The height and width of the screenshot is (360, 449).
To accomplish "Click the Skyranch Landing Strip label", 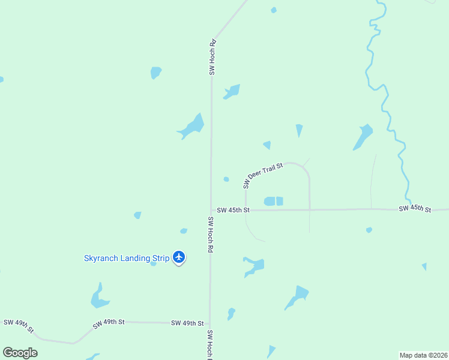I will (127, 259).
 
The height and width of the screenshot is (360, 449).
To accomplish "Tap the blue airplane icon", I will (179, 257).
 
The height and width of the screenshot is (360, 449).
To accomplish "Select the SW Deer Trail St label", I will (263, 174).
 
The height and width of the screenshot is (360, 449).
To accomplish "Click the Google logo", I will (20, 352).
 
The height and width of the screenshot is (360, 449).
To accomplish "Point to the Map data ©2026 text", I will (424, 355).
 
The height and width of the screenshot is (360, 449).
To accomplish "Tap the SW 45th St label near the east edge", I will (415, 209).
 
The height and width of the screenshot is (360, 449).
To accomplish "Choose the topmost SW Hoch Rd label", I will (212, 58).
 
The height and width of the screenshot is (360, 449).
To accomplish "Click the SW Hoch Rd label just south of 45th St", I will (211, 234).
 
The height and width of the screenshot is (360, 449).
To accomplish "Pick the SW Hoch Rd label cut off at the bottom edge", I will (210, 344).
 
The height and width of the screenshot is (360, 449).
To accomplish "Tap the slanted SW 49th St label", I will (108, 323).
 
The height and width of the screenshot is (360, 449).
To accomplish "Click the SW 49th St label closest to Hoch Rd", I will (184, 323).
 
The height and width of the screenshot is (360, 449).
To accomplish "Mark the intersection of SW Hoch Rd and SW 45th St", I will (211, 210).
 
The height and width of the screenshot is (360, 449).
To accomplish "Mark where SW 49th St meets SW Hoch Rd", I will (210, 323).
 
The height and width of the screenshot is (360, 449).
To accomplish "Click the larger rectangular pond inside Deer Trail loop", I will (270, 202).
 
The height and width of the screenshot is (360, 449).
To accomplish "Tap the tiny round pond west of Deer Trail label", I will (226, 179).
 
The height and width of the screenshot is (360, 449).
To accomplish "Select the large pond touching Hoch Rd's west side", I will (192, 127).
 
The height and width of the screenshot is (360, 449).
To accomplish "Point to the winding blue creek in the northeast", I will (387, 108).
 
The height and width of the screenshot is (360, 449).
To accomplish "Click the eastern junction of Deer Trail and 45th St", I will (310, 209).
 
